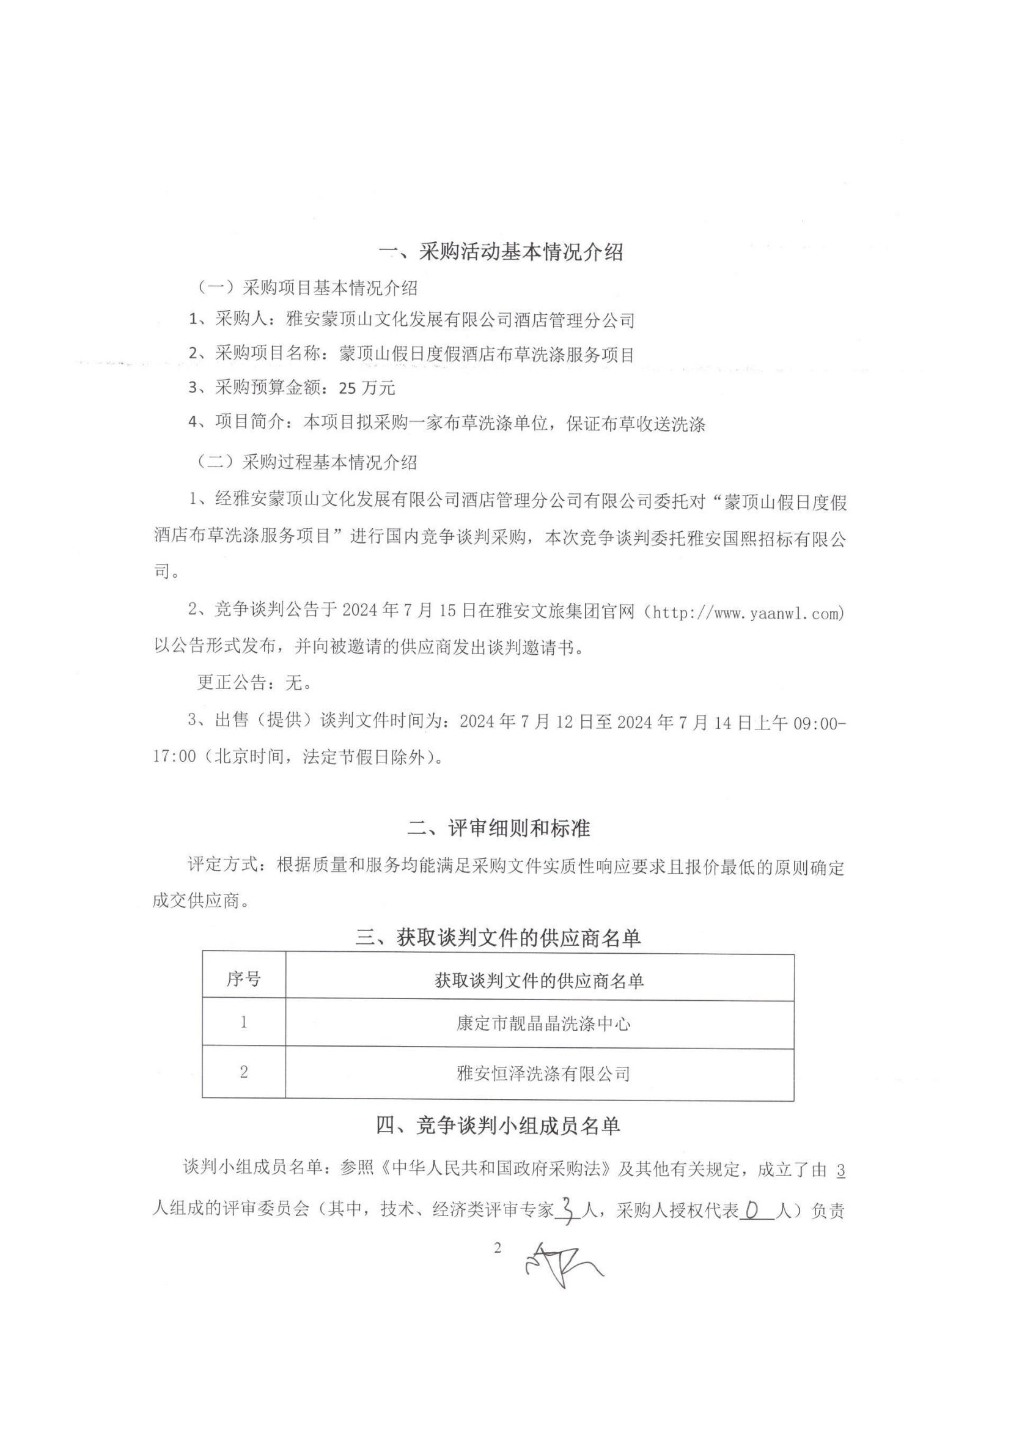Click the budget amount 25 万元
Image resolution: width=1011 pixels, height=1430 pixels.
pyautogui.click(x=367, y=389)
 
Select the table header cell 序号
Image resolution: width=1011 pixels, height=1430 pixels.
pyautogui.click(x=243, y=979)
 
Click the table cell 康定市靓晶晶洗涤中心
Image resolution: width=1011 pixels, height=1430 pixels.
pyautogui.click(x=543, y=1024)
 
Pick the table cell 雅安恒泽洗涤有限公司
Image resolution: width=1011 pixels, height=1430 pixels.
pyautogui.click(x=543, y=1073)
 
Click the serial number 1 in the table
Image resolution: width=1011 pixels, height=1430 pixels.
pyautogui.click(x=243, y=1023)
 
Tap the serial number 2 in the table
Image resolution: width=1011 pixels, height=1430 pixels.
pyautogui.click(x=243, y=1072)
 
